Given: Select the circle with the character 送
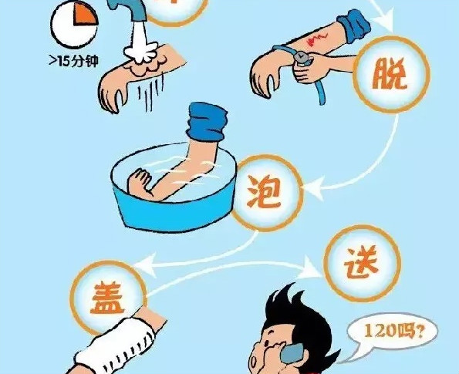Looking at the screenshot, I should [x=362, y=263].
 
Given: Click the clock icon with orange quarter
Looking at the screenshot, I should [x=75, y=24].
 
